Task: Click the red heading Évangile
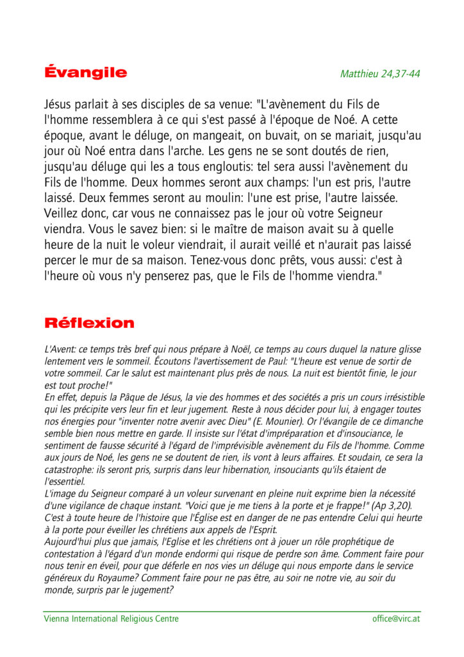pos(85,73)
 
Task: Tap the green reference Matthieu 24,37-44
pos(380,74)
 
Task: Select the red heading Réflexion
pos(89,323)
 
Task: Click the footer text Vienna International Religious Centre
pos(111,619)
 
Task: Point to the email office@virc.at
pos(396,619)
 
